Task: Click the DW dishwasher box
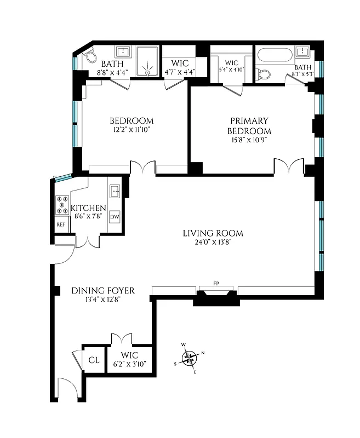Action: pos(115,217)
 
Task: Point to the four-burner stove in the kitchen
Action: pos(61,205)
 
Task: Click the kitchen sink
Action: pos(115,191)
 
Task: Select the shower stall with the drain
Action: pos(147,61)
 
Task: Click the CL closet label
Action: pos(94,360)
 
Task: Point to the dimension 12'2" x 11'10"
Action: pos(131,130)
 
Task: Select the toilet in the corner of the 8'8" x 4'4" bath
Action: pos(88,57)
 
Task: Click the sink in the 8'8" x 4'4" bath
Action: pos(123,53)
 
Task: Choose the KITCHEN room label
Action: pos(88,209)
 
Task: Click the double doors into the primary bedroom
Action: pos(289,166)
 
